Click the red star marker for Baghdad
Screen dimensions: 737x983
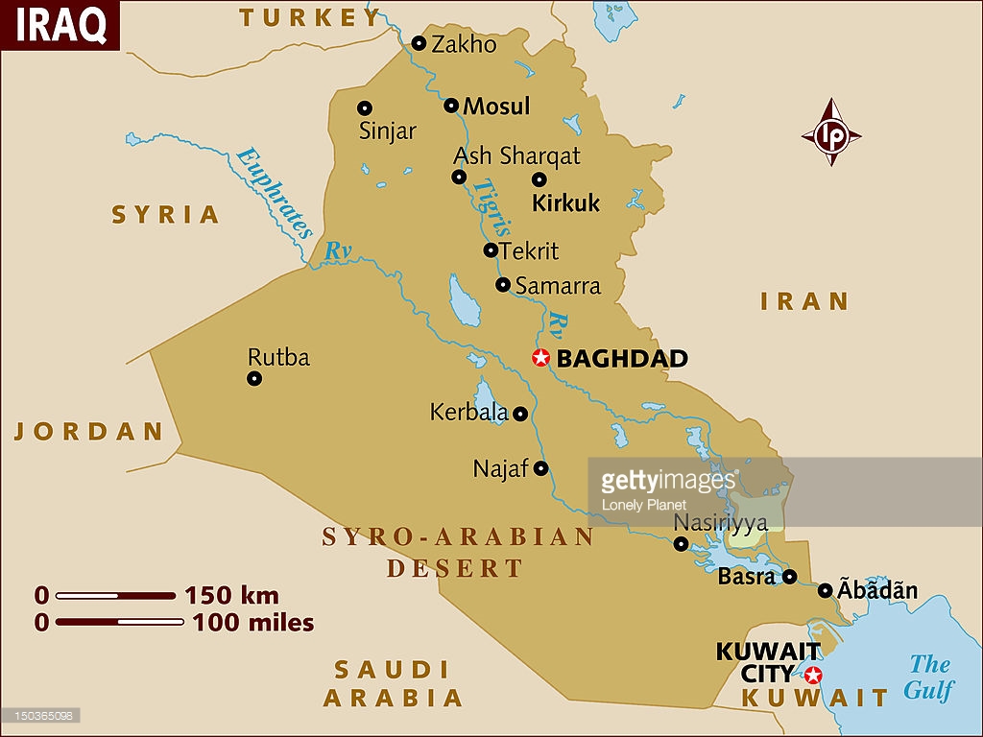(x=540, y=358)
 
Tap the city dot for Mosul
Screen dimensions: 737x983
(x=451, y=106)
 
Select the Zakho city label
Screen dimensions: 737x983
(x=464, y=44)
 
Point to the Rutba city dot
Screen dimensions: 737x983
(x=254, y=378)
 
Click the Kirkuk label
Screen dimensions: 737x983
(x=565, y=202)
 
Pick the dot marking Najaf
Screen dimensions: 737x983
(x=540, y=468)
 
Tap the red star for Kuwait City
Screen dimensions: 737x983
(x=813, y=674)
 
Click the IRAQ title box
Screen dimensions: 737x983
(x=60, y=26)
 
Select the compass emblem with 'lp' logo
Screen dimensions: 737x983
(x=831, y=133)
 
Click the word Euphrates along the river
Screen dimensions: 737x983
(x=275, y=192)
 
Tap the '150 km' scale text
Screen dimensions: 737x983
(x=231, y=595)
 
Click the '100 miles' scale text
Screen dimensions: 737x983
(x=252, y=623)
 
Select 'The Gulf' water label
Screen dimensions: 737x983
(x=928, y=677)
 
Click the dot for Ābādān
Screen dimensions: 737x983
(x=825, y=590)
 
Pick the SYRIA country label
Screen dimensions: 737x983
(x=166, y=214)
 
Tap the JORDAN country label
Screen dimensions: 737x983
(x=89, y=432)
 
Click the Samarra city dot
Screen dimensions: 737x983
(x=502, y=284)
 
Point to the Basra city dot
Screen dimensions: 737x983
(x=789, y=577)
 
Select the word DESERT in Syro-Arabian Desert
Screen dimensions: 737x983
(x=455, y=568)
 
